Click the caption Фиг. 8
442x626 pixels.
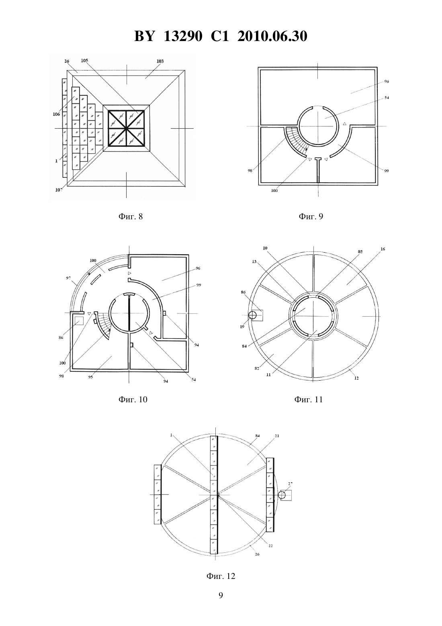[x=131, y=216]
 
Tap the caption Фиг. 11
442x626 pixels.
[x=308, y=399]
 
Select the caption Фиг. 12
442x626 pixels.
[x=221, y=576]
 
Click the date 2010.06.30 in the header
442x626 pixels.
[x=272, y=36]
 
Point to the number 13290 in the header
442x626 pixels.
[x=183, y=36]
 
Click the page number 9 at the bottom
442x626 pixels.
[x=221, y=595]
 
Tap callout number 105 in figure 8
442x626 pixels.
[x=84, y=60]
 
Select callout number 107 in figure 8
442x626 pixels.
[x=59, y=190]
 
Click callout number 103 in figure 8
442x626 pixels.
[x=160, y=61]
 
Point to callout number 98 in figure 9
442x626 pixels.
[x=250, y=171]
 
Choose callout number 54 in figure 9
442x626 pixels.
[x=387, y=97]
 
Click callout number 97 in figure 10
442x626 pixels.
[x=69, y=278]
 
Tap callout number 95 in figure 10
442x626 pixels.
[x=90, y=377]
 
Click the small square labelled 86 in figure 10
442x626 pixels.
[x=79, y=321]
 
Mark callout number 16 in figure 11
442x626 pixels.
[x=383, y=249]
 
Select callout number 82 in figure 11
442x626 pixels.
[x=257, y=369]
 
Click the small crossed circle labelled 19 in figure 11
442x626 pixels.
[x=252, y=315]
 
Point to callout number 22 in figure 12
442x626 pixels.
[x=270, y=546]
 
